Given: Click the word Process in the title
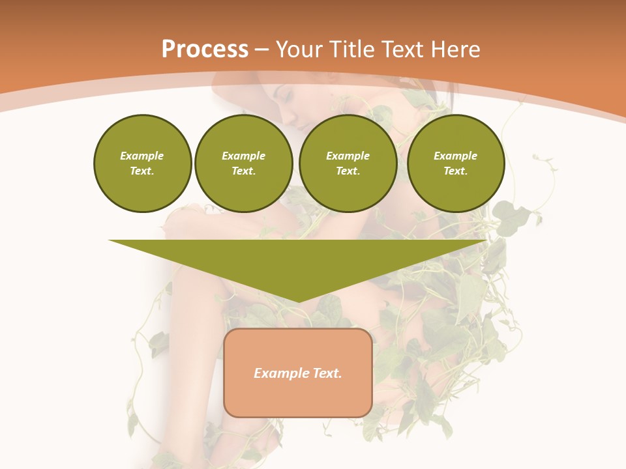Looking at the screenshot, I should [205, 50].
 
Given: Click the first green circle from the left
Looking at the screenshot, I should [143, 163].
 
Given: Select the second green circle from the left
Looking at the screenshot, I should [244, 163].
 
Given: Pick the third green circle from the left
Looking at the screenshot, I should [348, 163].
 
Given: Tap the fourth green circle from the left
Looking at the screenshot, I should [456, 163].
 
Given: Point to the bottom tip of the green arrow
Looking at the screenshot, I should [298, 301].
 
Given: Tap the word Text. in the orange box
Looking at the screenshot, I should [327, 373].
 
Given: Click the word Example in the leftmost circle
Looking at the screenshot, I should [142, 156].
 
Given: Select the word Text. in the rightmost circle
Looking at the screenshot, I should [456, 171].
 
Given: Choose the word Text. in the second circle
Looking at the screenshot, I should [244, 171].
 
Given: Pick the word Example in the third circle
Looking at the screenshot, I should [348, 156].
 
